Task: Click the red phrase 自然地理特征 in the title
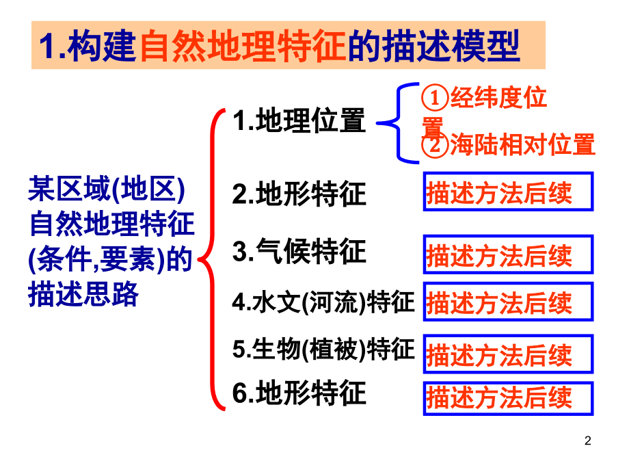tap(243, 46)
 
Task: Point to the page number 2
tap(588, 441)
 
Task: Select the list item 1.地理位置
tap(299, 120)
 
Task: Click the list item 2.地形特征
tap(299, 194)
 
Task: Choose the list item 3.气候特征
tap(299, 251)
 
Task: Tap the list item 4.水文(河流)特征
tap(323, 302)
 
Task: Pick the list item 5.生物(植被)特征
tap(323, 348)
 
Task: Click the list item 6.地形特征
tap(299, 393)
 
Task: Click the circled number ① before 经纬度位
tap(434, 98)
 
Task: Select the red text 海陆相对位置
tap(523, 144)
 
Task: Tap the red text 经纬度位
tap(498, 97)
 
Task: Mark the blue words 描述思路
tap(83, 294)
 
